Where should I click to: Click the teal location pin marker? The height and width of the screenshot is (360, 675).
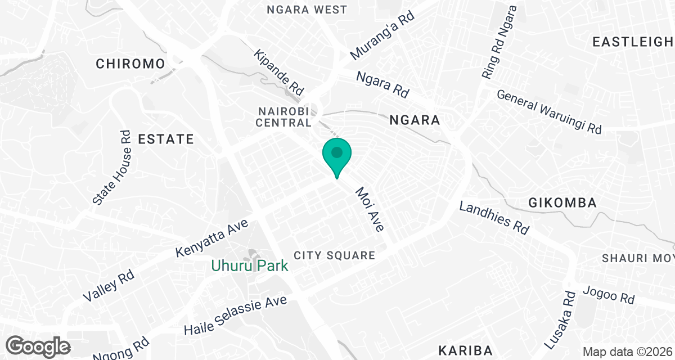337,155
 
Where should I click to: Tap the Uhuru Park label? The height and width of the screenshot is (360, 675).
250,265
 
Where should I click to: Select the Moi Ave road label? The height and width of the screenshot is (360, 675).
370,210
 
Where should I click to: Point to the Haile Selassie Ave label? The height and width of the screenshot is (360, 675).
236,315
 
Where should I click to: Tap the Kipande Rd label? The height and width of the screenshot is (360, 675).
279,72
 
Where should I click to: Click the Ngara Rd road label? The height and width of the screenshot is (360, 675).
382,84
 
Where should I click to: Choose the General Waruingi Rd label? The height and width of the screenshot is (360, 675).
549,112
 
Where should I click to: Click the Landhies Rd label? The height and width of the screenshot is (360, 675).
494,218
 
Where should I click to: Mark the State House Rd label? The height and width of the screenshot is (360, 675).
112,168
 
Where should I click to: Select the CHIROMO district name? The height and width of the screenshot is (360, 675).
130,64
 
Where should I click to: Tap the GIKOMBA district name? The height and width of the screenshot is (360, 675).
562,203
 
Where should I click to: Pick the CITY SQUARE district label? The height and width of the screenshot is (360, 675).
334,256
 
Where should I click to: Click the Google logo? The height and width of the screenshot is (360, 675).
39,346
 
